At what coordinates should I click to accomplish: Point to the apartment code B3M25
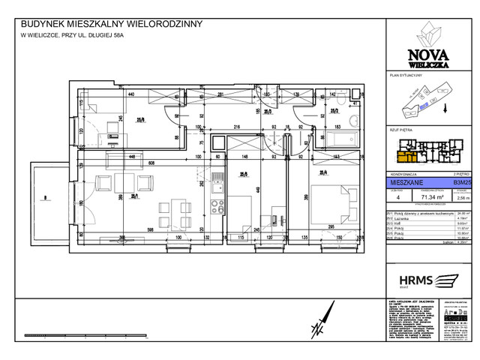coord(460,181)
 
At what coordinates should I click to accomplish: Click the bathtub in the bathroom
coord(342,140)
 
